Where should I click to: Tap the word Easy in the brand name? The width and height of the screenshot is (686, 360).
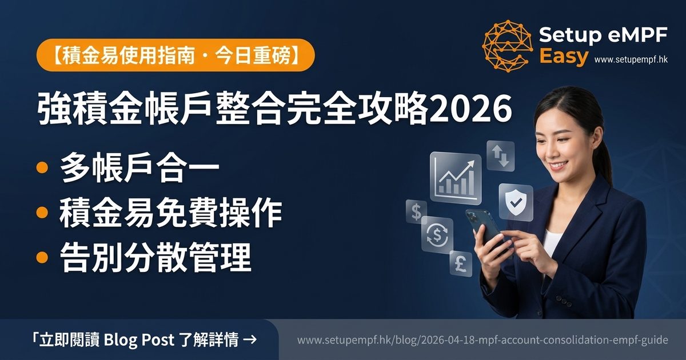(564, 57)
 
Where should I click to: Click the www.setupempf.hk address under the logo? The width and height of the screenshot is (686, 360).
(631, 59)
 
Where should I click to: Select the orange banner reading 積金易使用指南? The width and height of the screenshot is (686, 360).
(175, 55)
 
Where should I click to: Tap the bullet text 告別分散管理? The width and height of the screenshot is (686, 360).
(155, 258)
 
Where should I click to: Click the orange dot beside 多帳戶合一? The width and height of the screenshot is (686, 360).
(41, 169)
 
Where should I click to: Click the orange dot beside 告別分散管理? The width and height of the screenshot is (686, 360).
(41, 257)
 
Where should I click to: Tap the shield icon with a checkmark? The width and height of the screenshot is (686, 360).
(515, 202)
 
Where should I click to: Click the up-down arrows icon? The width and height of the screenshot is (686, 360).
(501, 156)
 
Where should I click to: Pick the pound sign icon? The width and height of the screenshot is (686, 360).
(461, 263)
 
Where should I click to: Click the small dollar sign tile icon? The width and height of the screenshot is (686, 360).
(416, 211)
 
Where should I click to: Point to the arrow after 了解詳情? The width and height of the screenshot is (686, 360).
(249, 340)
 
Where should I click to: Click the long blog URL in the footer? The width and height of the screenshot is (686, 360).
(482, 340)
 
